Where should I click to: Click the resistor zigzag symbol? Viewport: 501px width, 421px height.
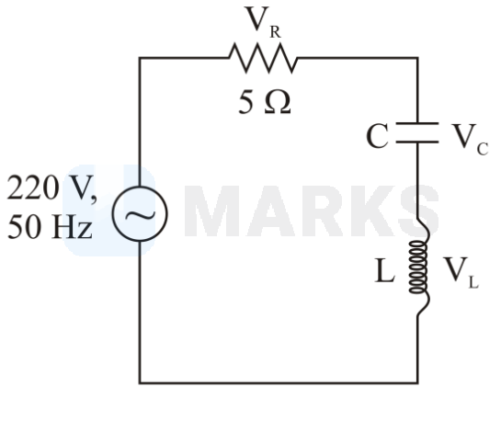[263, 58]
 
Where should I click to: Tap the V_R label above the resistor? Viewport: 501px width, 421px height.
[263, 22]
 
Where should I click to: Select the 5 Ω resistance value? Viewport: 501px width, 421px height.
[265, 102]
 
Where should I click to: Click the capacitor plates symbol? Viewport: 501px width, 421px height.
[417, 132]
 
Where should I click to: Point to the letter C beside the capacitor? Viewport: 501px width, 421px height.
[377, 136]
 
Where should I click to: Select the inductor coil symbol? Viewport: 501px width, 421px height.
[419, 267]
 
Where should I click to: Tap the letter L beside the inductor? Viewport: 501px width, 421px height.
[384, 270]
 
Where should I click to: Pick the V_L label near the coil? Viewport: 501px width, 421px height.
[461, 273]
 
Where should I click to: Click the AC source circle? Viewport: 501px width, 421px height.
[140, 187]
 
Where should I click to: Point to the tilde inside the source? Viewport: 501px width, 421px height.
[140, 215]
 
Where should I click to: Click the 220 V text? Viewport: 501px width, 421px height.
[51, 188]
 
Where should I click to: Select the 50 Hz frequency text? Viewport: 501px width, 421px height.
[50, 227]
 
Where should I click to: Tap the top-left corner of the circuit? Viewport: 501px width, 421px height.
[140, 58]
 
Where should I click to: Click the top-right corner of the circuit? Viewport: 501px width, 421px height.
[417, 58]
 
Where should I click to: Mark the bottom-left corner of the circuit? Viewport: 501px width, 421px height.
[140, 382]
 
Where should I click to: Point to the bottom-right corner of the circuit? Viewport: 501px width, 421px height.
[417, 382]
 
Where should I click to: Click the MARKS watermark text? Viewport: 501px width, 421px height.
[312, 211]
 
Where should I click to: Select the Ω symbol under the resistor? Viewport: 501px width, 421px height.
[278, 102]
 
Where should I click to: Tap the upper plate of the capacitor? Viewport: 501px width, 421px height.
[417, 123]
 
